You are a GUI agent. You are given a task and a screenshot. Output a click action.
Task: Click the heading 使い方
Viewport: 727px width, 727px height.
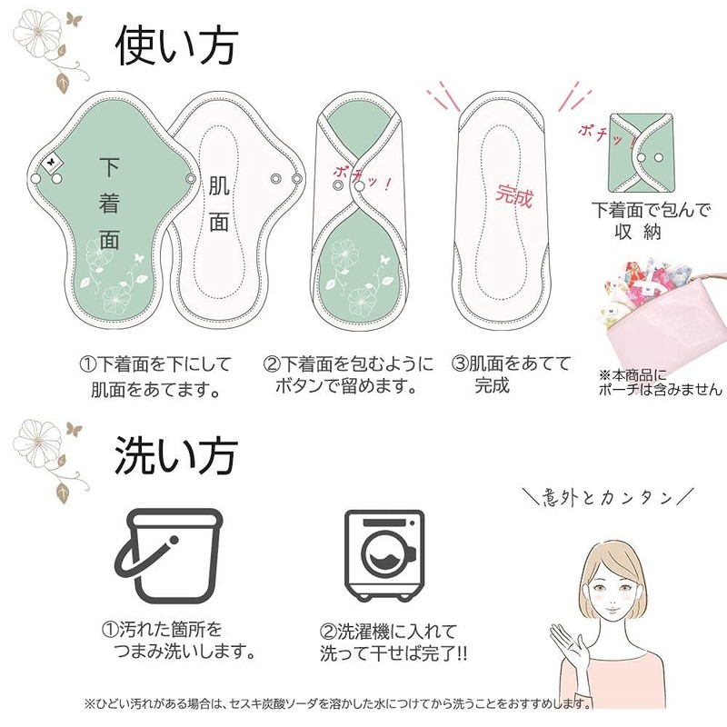tap(176, 45)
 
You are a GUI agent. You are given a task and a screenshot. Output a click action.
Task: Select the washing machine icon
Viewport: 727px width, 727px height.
tap(384, 556)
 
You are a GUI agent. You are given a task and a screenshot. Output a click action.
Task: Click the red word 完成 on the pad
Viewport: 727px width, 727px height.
tap(513, 195)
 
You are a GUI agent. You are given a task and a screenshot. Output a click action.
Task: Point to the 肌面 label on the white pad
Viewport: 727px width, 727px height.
tap(219, 204)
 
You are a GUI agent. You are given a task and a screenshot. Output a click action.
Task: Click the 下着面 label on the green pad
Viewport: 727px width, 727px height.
tap(109, 203)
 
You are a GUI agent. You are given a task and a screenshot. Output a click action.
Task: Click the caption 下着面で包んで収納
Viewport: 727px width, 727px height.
tap(651, 221)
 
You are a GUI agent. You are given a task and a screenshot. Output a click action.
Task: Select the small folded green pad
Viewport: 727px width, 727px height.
tap(642, 153)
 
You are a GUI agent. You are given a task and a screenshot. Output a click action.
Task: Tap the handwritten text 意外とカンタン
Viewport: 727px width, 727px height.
tap(607, 497)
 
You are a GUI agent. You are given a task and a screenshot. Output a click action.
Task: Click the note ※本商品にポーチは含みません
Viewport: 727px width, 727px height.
tap(661, 383)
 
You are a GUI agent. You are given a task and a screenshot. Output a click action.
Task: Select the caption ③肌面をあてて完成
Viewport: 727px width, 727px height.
tap(511, 374)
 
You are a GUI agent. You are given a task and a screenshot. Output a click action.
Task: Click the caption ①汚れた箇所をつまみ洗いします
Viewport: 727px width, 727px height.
tap(178, 641)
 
